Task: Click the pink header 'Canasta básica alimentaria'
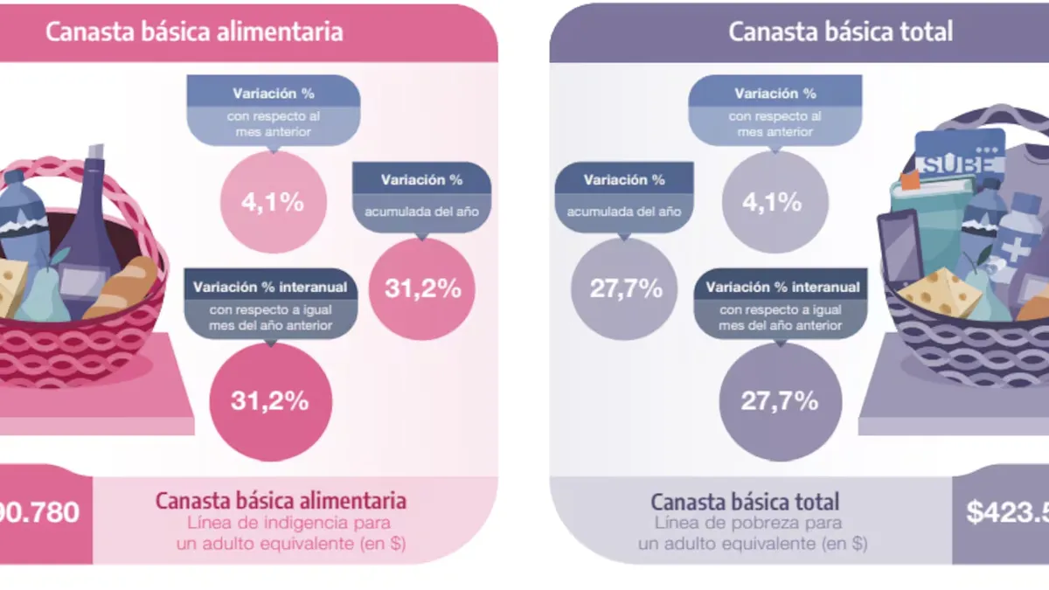click(194, 32)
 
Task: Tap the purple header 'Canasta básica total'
click(840, 32)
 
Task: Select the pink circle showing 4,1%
click(273, 203)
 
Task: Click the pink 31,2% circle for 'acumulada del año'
click(422, 288)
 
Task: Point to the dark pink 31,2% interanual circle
click(270, 401)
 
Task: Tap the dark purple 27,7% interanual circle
click(780, 401)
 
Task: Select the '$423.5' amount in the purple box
click(1006, 512)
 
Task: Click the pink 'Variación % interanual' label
click(270, 287)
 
